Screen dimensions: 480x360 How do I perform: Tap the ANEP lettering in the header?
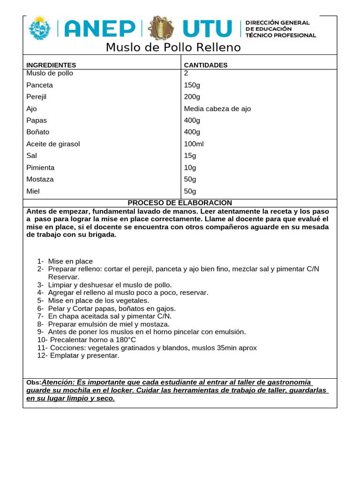[x=99, y=29]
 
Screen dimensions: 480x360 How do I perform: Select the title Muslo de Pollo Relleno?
[x=173, y=47]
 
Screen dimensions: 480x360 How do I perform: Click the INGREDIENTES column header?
[x=51, y=65]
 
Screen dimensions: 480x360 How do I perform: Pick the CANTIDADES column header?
[x=206, y=65]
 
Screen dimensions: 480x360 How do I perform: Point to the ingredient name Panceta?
[x=40, y=85]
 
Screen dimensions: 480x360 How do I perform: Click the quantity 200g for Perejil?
[x=192, y=97]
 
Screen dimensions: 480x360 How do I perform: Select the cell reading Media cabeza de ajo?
[x=217, y=109]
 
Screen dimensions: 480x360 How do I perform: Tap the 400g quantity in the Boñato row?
[x=192, y=132]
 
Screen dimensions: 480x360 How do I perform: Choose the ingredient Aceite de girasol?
[x=53, y=144]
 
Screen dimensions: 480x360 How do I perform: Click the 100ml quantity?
[x=194, y=144]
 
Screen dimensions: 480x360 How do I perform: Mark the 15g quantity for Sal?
[x=190, y=156]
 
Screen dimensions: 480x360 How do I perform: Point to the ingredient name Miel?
[x=34, y=191]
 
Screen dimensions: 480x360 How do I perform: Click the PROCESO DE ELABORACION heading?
[x=180, y=202]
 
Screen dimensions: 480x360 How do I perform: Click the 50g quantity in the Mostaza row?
[x=190, y=179]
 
